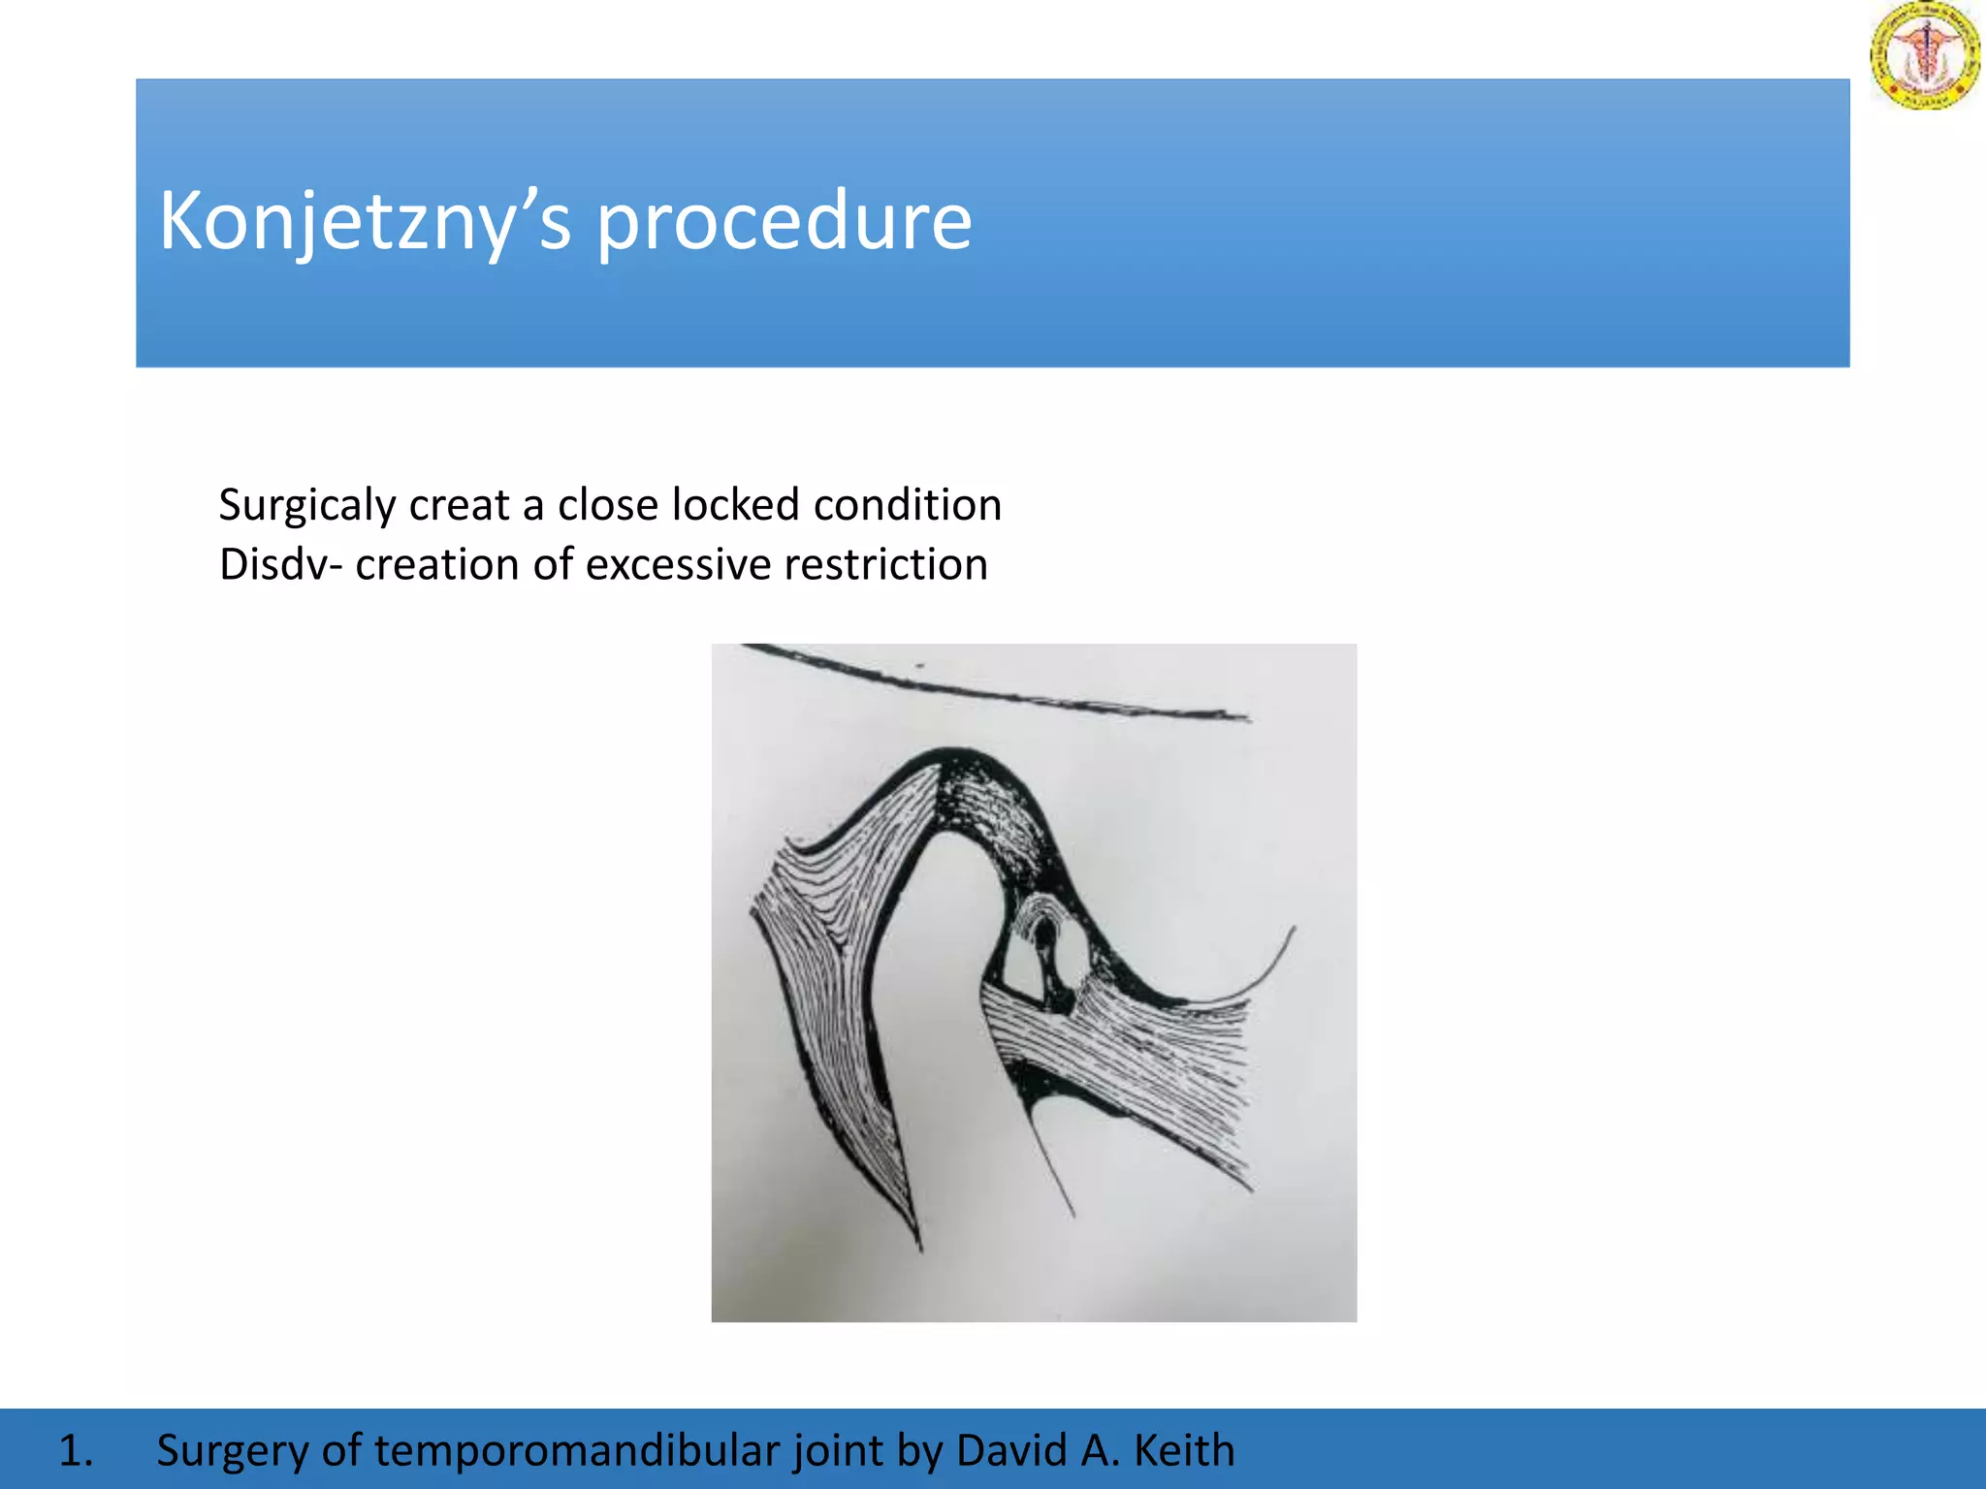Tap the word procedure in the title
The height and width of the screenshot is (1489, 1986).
[x=784, y=221]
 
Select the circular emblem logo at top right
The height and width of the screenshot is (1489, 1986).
[x=1924, y=55]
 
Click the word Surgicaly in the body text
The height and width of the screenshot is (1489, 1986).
[x=307, y=505]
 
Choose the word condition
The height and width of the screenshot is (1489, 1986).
[x=907, y=505]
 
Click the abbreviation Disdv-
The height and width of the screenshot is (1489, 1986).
[x=280, y=564]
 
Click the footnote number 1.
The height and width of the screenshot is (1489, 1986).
[x=76, y=1450]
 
